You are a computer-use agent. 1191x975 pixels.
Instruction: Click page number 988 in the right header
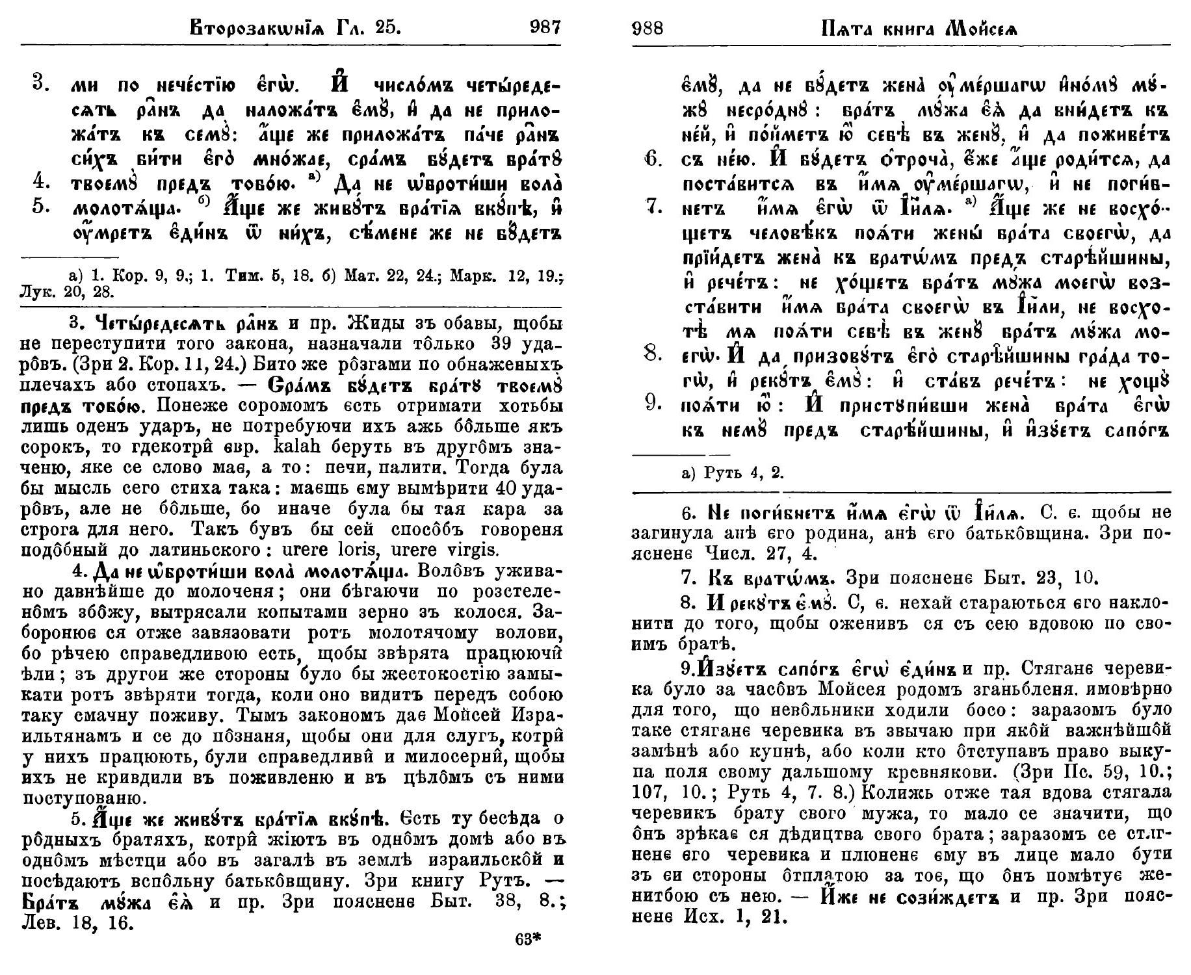click(x=648, y=29)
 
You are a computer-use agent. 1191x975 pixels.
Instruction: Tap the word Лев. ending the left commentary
click(x=42, y=923)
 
